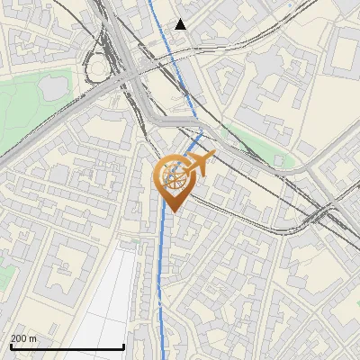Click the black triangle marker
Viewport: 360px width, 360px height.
(181, 24)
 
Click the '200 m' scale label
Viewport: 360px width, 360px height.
(23, 337)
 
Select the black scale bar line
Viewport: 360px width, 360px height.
(67, 346)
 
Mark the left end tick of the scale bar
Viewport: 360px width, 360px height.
(11, 345)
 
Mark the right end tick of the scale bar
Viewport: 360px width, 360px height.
(123, 345)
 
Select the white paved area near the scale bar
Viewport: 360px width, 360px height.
(112, 297)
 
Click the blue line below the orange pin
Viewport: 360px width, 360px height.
(164, 270)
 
